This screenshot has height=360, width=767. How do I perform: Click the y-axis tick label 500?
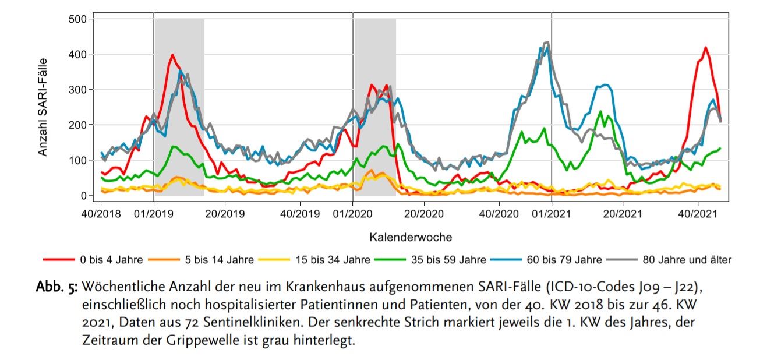(x=78, y=19)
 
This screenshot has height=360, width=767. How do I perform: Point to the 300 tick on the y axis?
(x=78, y=90)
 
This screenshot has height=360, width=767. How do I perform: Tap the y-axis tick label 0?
(x=84, y=196)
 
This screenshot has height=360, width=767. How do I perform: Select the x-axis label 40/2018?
(x=101, y=214)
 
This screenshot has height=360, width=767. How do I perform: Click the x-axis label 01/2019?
(x=153, y=214)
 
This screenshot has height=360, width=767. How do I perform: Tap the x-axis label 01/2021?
(x=551, y=214)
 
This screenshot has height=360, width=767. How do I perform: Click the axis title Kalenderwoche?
(x=411, y=237)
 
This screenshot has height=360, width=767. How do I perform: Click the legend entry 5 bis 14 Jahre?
(x=218, y=260)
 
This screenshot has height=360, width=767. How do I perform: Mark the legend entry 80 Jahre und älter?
(x=687, y=260)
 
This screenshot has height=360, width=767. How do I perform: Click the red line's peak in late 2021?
(x=705, y=48)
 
